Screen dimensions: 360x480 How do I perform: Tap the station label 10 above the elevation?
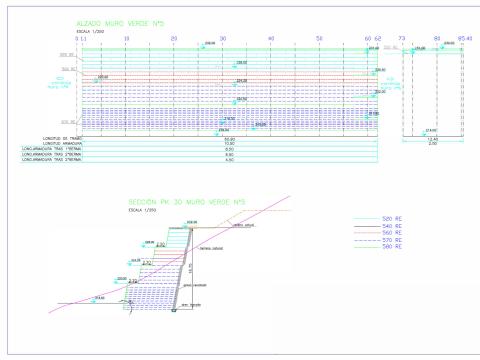click(126, 38)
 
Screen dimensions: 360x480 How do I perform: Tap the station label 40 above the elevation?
click(272, 38)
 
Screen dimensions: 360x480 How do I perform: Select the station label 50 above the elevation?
click(320, 38)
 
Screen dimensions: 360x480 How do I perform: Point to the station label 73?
click(401, 38)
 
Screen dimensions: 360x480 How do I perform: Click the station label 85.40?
click(465, 38)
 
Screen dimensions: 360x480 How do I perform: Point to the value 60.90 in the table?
click(229, 138)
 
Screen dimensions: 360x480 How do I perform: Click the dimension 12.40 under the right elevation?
click(432, 138)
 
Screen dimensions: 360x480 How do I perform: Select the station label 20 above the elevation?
click(174, 38)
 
